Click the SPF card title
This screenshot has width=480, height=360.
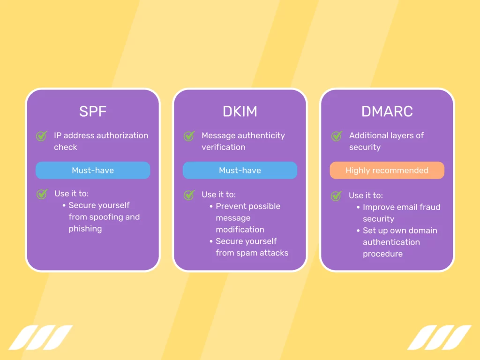point(93,112)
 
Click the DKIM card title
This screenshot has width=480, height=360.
point(240,112)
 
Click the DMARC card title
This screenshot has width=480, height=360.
point(387,112)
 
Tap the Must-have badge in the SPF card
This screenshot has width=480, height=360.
point(93,171)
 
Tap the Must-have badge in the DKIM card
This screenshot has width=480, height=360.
point(240,171)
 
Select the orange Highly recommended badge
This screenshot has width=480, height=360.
point(387,171)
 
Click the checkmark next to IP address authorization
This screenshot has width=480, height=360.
point(42,136)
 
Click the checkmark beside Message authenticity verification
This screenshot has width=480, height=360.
point(189,136)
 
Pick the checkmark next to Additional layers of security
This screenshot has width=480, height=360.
point(337,136)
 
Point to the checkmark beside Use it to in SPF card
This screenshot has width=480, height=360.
point(42,194)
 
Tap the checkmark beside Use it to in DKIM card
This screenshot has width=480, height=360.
point(189,195)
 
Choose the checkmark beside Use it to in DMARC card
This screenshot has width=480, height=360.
point(337,196)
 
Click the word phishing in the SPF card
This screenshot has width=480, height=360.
point(85,229)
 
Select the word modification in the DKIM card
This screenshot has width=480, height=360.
point(240,230)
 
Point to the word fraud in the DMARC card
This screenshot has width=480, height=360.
point(411,207)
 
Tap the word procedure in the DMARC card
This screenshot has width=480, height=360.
point(382,254)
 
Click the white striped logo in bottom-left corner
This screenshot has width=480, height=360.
point(41,337)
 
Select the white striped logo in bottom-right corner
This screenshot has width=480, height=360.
point(439,337)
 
